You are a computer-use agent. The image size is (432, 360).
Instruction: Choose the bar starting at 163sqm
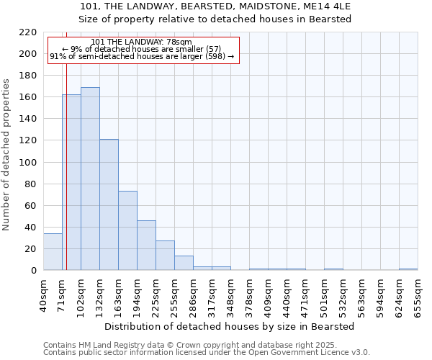tap(127, 230)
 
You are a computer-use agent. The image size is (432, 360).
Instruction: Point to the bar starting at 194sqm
tap(146, 246)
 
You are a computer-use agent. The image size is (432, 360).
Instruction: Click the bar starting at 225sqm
tap(165, 256)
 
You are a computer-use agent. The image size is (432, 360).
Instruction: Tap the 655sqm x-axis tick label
tap(418, 294)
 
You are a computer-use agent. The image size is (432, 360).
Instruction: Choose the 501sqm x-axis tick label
tap(324, 294)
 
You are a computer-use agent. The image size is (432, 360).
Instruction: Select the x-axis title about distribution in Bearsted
tap(229, 326)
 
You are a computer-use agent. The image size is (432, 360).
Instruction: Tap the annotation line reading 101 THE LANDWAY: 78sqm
tap(142, 42)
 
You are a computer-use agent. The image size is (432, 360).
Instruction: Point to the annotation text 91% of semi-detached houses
tap(142, 56)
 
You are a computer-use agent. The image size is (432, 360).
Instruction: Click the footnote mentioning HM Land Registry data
tap(206, 345)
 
